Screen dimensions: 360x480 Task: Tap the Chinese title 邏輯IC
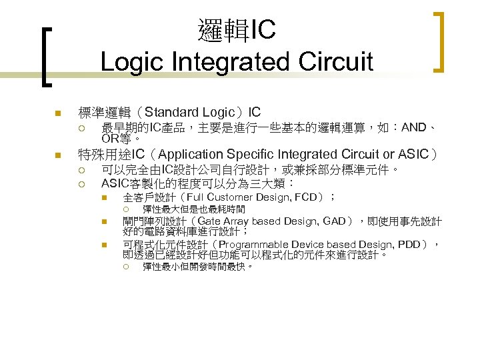pos(237,29)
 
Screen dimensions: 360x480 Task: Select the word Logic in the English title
pos(133,62)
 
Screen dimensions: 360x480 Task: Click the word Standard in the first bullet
pos(169,111)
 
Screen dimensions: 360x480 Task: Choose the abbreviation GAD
pos(336,221)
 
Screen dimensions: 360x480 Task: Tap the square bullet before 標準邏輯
pos(58,112)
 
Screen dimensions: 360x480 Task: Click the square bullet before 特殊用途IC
pos(58,156)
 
